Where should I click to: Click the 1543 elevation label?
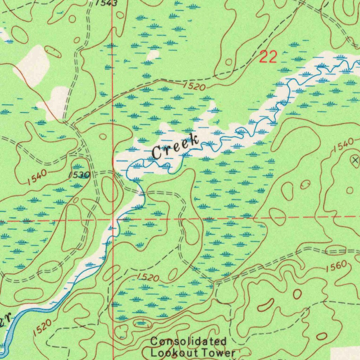[x=107, y=3]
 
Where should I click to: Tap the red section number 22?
[x=268, y=57]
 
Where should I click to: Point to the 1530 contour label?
[x=79, y=175]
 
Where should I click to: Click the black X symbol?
[x=355, y=160]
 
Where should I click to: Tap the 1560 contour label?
[x=336, y=267]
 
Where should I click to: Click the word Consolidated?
[x=188, y=341]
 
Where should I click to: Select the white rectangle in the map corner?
[x=345, y=354]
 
